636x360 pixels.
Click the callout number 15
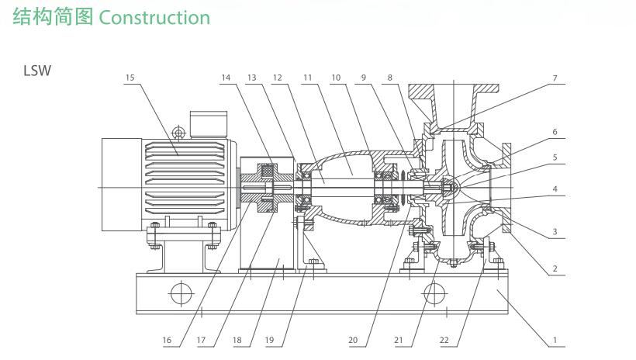pos(129,78)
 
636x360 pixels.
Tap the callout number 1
pos(555,340)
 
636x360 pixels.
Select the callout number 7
pos(555,78)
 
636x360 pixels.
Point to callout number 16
pos(168,340)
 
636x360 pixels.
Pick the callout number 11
pos(307,78)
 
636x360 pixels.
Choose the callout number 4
pos(555,188)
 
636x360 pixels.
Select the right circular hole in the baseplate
pos(434,295)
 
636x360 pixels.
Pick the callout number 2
pos(555,269)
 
